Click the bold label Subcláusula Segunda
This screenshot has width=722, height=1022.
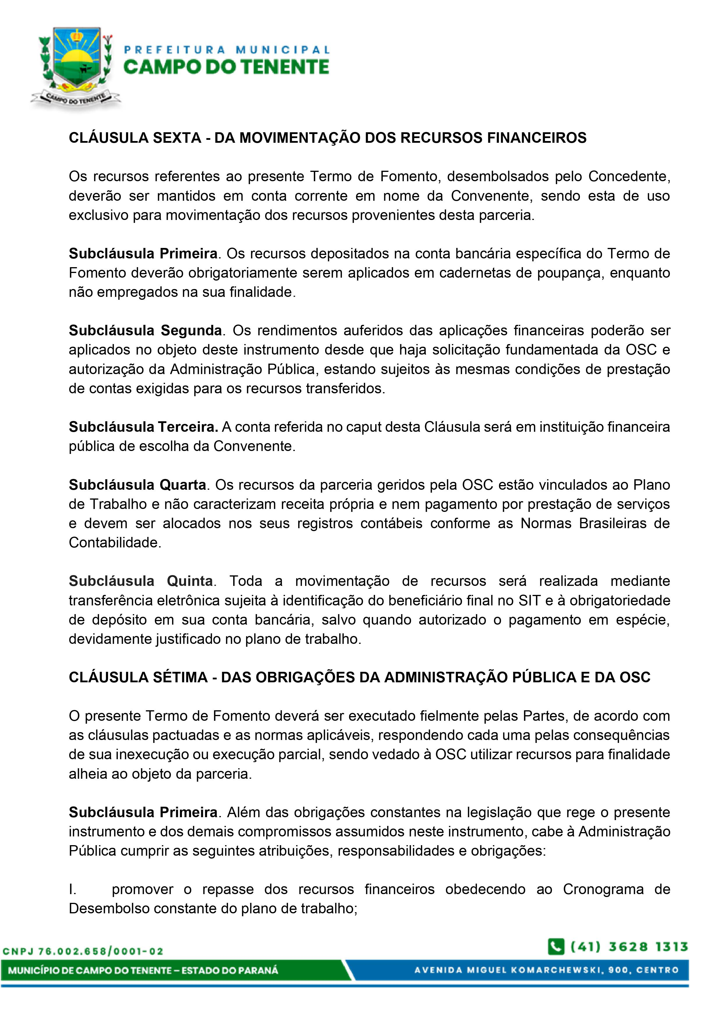pos(145,331)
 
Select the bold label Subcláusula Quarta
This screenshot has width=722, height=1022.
pos(137,485)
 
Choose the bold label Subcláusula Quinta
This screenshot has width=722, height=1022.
pos(141,581)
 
